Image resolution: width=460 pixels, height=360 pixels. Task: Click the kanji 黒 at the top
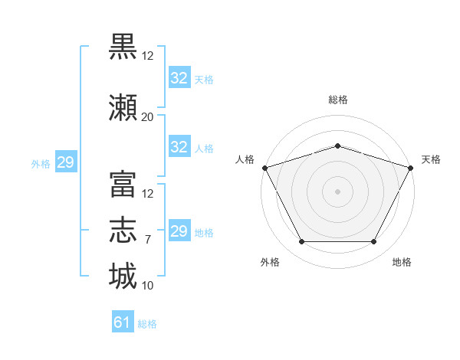[123, 47]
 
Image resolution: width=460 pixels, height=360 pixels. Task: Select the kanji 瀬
[123, 107]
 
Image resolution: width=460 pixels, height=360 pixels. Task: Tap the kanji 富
[123, 185]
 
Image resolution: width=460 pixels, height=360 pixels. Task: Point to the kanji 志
[123, 230]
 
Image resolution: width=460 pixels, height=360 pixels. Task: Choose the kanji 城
[123, 276]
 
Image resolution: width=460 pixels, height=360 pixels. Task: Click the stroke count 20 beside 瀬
[147, 117]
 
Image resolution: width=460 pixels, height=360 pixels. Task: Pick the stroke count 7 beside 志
[148, 240]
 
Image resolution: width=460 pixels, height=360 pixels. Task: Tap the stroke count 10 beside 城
[147, 286]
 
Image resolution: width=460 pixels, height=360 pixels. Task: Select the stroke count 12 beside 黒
[147, 56]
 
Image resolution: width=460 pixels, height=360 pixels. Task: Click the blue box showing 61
[123, 321]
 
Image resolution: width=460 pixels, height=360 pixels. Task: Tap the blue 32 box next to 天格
[179, 77]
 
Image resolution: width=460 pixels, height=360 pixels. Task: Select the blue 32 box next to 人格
[179, 146]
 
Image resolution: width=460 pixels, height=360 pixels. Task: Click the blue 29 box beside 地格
[179, 230]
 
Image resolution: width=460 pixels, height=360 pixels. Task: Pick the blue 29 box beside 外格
[66, 162]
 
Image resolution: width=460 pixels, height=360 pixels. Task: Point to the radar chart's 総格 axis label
[338, 100]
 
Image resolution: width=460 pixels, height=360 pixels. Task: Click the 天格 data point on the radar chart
[411, 168]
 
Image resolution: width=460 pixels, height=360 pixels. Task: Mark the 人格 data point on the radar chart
[265, 168]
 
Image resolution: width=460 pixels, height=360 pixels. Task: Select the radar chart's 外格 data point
[302, 241]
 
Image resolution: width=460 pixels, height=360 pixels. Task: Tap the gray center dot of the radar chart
[337, 191]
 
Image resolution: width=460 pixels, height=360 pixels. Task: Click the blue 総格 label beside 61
[147, 324]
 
